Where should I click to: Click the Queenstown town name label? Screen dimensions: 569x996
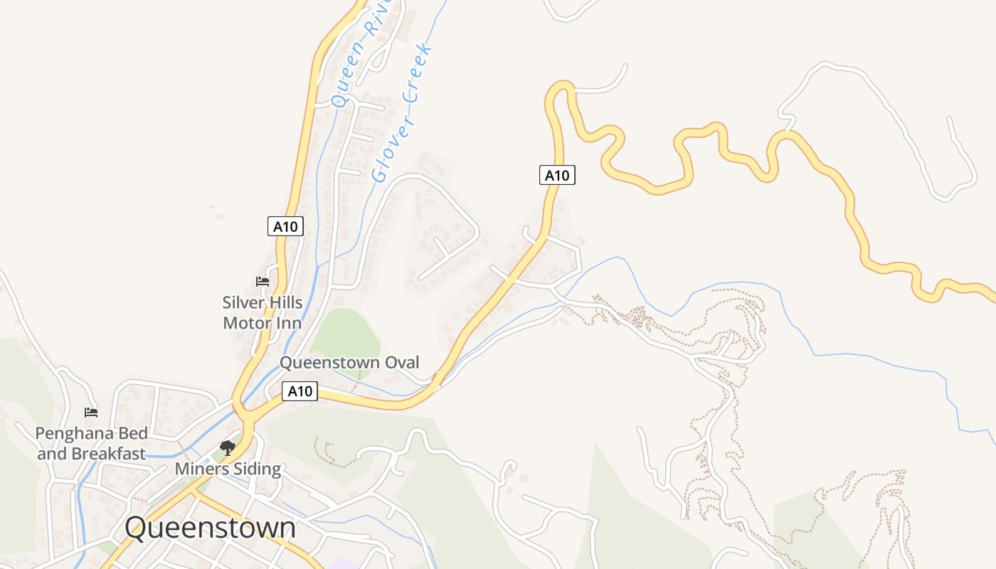[210, 528]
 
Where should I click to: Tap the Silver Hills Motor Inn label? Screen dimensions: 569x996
[262, 313]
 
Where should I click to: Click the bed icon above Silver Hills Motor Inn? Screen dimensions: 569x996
[263, 281]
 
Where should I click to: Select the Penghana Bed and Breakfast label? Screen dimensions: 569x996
[92, 443]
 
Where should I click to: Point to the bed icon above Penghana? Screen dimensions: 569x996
[91, 412]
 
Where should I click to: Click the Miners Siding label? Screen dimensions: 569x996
[228, 469]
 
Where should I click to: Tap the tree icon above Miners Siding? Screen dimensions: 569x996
[228, 448]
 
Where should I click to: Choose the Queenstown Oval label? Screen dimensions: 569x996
[349, 363]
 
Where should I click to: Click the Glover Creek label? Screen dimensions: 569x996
[403, 112]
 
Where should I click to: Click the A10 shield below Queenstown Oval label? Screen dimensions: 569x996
[300, 390]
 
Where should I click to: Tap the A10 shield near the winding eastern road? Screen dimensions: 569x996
[557, 174]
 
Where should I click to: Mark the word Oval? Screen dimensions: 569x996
[402, 363]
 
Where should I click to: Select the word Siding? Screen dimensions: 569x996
[257, 469]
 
